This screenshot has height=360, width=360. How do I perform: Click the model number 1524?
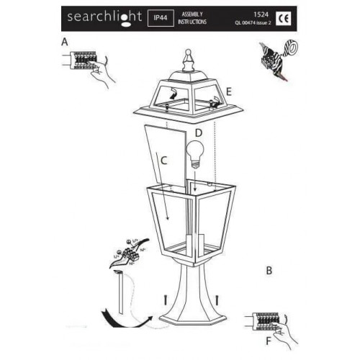[261, 13]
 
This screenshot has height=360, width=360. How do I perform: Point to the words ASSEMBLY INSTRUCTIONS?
[194, 18]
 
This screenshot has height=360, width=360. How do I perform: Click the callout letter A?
[66, 42]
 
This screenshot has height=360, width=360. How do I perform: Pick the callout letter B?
[269, 271]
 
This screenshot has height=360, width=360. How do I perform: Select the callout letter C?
[165, 160]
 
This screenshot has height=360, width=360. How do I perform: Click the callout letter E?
[228, 92]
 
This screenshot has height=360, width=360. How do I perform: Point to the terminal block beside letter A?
[84, 60]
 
